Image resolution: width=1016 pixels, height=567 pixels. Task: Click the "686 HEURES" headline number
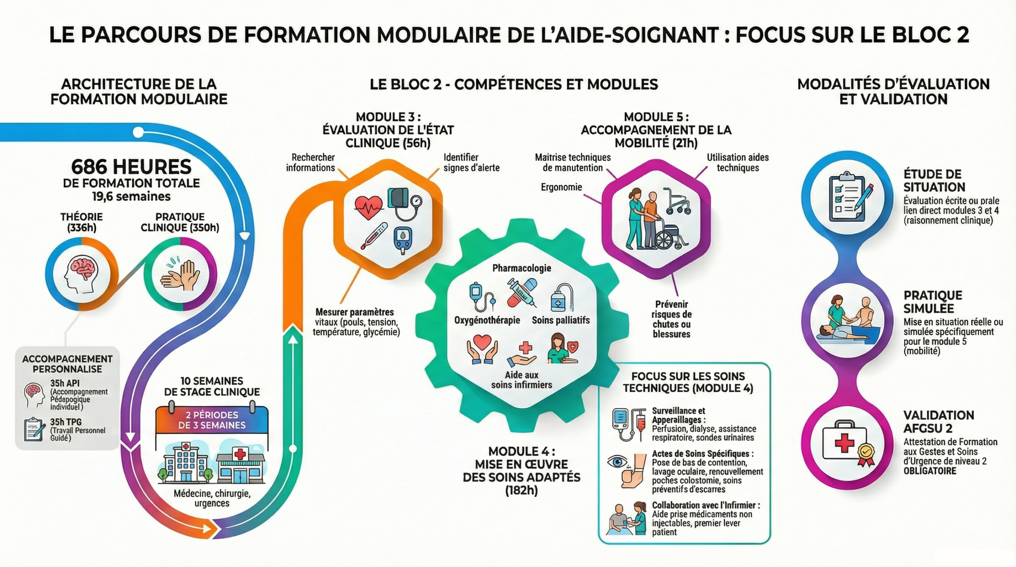pyautogui.click(x=131, y=167)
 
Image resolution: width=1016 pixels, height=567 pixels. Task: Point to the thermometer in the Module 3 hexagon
pyautogui.click(x=373, y=236)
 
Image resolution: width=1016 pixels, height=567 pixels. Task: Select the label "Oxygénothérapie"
pyautogui.click(x=487, y=320)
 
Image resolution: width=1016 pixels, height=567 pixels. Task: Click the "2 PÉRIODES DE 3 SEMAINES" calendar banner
pyautogui.click(x=212, y=420)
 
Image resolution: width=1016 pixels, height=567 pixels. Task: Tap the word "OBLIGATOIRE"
pyautogui.click(x=930, y=471)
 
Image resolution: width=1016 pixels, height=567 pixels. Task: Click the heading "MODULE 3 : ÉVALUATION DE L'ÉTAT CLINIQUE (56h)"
pyautogui.click(x=388, y=130)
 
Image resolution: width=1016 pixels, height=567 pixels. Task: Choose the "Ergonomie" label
pyautogui.click(x=561, y=187)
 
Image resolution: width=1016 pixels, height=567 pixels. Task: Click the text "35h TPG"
pyautogui.click(x=65, y=422)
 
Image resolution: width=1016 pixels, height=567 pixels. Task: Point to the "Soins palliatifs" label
pyautogui.click(x=561, y=320)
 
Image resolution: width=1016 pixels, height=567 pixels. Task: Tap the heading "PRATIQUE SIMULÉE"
pyautogui.click(x=933, y=302)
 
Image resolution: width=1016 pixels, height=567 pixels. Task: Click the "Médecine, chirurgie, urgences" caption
pyautogui.click(x=212, y=498)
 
